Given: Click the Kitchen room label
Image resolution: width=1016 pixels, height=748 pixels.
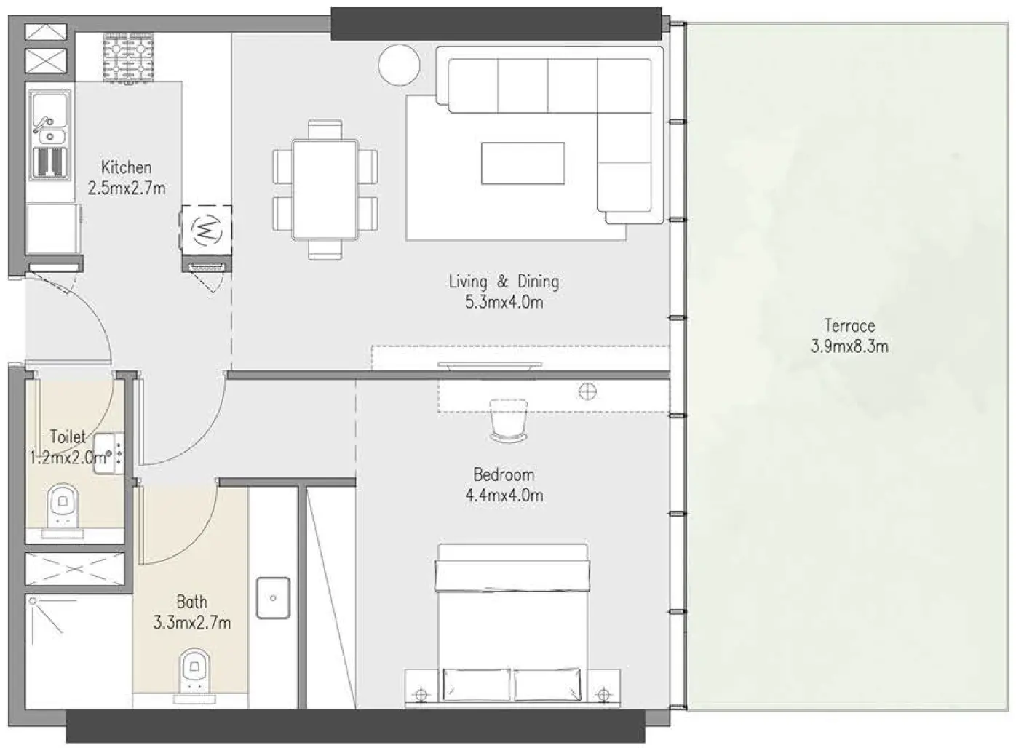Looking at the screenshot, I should [x=126, y=167].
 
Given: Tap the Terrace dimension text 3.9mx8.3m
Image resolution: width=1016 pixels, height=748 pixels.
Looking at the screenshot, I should [x=849, y=346].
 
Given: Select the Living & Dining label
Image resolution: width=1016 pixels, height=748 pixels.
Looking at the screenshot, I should [x=504, y=282].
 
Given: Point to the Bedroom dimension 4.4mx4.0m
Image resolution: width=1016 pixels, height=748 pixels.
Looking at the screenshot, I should [x=504, y=496].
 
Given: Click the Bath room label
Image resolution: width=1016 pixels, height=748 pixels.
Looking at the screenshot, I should [x=191, y=602].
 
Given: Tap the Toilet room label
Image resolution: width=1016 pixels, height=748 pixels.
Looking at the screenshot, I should [x=68, y=437].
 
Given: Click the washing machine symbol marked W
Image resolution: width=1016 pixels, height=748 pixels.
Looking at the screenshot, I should [x=207, y=231].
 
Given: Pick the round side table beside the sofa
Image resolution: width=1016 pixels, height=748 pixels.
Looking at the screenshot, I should [x=399, y=65].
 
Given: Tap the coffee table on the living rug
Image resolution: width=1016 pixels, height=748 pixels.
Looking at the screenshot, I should [x=523, y=163].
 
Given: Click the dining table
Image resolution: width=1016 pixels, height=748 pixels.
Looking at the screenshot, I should [x=325, y=189].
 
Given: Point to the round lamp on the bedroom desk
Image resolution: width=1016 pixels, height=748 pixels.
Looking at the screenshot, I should [x=587, y=392].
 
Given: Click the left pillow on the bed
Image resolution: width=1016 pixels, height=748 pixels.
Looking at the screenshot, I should [x=476, y=685].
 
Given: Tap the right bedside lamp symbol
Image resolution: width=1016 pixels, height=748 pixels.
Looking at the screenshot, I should [x=603, y=693].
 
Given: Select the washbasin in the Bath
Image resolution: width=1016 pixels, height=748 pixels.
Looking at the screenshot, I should [x=273, y=598].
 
